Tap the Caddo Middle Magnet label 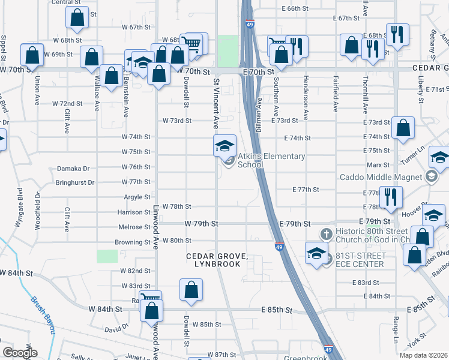[x=381, y=177]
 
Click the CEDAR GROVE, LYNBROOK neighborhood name [x=217, y=260]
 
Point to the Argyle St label [x=137, y=197]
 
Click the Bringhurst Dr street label [x=74, y=182]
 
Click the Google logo [x=20, y=353]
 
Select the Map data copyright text [x=423, y=355]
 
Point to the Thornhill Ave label [x=364, y=96]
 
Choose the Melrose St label [x=134, y=227]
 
